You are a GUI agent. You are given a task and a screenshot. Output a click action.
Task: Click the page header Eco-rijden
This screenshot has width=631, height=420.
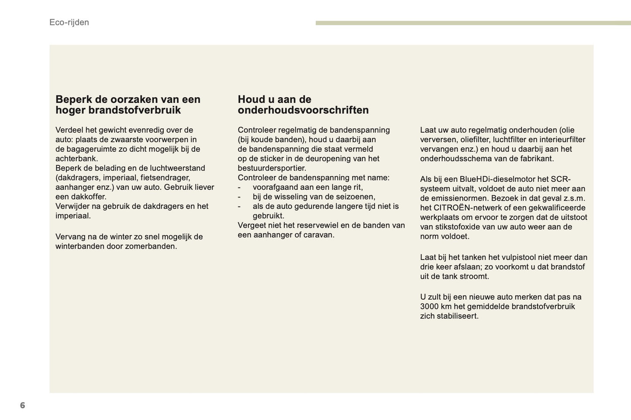click(x=69, y=22)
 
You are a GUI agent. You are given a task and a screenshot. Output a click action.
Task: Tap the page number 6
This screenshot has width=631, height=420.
click(x=23, y=405)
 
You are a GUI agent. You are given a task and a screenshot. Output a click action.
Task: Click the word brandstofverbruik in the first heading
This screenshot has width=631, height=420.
click(x=134, y=110)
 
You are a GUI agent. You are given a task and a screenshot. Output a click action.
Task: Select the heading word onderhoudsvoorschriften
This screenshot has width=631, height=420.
click(x=303, y=110)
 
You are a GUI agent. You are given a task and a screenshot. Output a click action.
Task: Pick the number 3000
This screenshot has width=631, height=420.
click(x=429, y=307)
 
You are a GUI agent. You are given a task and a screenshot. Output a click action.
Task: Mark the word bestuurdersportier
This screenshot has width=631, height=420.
click(x=271, y=168)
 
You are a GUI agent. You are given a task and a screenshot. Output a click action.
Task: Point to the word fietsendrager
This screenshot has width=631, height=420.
click(x=165, y=178)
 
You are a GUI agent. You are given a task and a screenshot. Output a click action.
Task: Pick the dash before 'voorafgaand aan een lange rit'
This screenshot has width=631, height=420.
click(x=239, y=188)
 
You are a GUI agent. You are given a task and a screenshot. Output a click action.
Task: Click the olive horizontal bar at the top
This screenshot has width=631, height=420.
click(x=473, y=23)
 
